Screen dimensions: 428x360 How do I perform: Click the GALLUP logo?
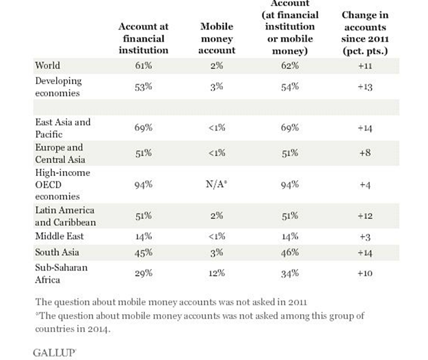point(54,352)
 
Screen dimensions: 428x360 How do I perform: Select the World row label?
point(47,66)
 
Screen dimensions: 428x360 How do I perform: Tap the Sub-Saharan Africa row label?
point(62,273)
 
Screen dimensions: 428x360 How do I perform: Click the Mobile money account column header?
point(217,38)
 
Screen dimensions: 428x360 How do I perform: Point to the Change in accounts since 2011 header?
point(365,33)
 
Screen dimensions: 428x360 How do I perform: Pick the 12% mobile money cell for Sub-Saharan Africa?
point(217,273)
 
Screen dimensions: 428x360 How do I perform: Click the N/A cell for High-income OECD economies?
point(217,184)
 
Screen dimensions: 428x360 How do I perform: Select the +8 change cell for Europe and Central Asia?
point(365,153)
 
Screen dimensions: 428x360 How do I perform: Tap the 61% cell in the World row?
point(144,66)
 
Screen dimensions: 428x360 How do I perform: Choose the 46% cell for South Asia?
point(290,253)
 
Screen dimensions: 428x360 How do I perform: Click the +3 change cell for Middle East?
point(365,237)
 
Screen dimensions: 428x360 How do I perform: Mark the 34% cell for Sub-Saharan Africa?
point(290,273)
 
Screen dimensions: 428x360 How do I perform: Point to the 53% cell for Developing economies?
point(144,87)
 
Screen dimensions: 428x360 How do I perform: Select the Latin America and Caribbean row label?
point(66,216)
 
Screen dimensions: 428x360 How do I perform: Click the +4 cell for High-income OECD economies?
point(365,185)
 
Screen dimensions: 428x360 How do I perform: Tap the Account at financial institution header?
point(144,38)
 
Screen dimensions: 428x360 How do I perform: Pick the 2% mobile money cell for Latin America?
point(217,216)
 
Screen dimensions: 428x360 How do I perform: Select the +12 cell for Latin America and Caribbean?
point(365,216)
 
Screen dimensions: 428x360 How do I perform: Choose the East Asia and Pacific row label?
point(63,128)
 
